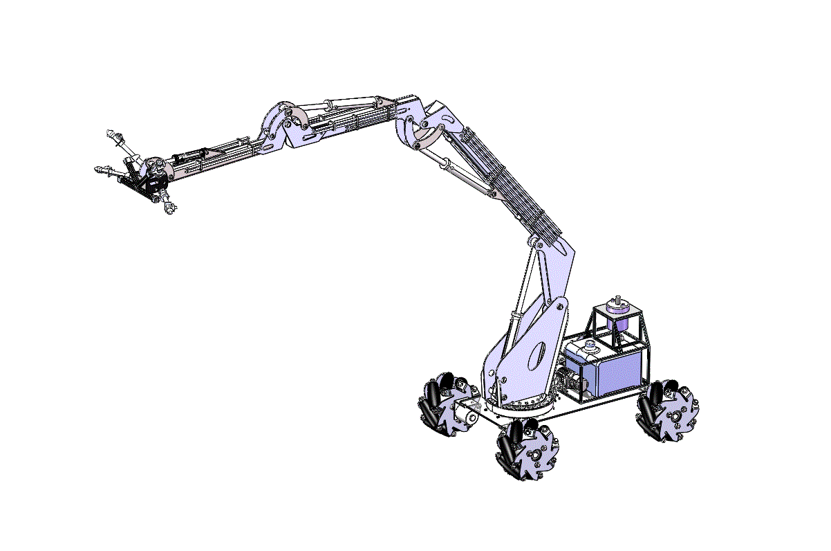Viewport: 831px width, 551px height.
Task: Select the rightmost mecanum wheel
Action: (668, 414)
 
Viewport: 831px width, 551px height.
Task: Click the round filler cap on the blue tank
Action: (590, 343)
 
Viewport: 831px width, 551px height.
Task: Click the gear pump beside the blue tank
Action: (572, 380)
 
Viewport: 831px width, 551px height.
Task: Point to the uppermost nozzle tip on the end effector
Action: (111, 132)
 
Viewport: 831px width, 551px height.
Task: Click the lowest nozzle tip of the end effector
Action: (169, 208)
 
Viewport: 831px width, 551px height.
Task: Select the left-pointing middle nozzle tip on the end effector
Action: (100, 170)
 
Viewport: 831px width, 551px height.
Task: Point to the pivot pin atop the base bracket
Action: (533, 244)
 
